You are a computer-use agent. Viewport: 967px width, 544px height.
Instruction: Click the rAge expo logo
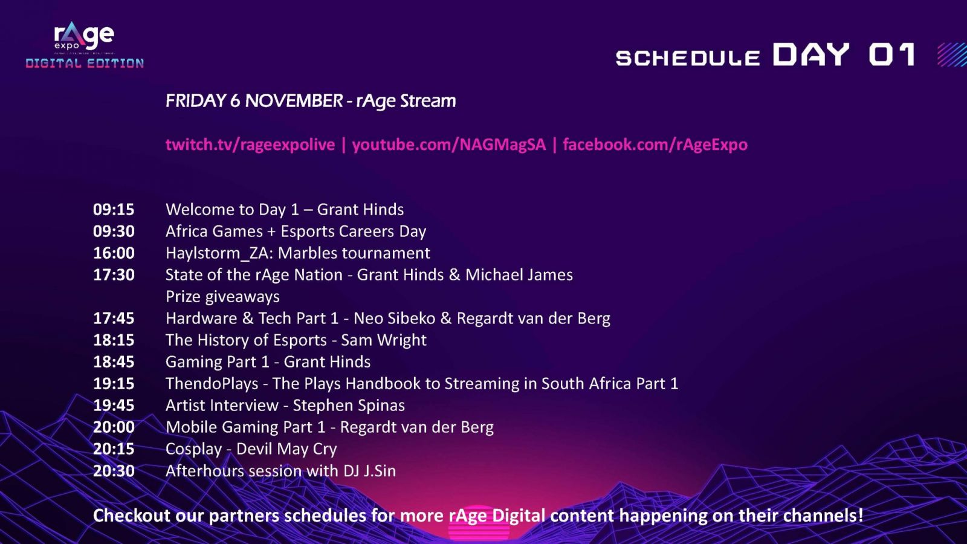(84, 37)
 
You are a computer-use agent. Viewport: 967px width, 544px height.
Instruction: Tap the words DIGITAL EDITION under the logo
(85, 63)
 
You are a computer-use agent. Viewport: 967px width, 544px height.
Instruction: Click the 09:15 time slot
(114, 209)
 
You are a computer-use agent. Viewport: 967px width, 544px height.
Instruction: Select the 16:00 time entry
(114, 253)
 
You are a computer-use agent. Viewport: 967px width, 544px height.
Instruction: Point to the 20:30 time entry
(114, 471)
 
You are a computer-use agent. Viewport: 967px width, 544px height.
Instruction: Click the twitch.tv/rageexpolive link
(250, 144)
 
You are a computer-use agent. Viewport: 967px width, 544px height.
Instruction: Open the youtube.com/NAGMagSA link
(449, 144)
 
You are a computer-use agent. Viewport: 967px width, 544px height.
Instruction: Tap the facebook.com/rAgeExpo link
(655, 144)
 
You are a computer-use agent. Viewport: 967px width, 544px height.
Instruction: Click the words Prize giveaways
(222, 297)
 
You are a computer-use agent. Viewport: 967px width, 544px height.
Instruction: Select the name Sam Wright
(384, 340)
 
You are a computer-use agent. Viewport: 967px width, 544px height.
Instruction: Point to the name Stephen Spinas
(349, 406)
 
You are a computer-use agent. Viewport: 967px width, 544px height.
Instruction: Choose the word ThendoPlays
(212, 384)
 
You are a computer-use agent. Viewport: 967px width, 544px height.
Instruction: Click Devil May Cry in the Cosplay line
(286, 449)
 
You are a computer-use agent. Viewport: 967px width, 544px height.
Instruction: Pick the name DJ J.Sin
(369, 471)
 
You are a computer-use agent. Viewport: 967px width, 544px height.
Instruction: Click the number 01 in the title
(891, 54)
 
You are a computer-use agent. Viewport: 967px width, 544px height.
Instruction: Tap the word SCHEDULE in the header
(688, 58)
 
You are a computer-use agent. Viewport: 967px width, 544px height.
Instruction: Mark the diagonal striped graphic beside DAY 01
(952, 54)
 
